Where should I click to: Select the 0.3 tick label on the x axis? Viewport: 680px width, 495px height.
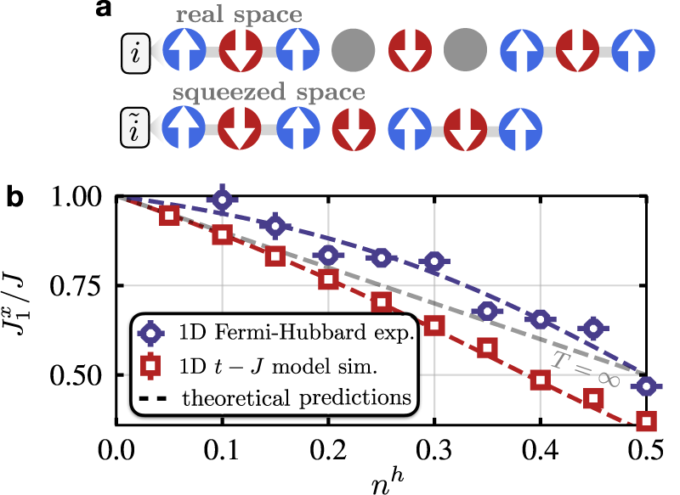click(433, 445)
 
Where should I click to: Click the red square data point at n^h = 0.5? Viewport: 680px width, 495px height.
click(646, 421)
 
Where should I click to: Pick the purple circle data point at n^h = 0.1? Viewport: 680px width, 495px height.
click(222, 200)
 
